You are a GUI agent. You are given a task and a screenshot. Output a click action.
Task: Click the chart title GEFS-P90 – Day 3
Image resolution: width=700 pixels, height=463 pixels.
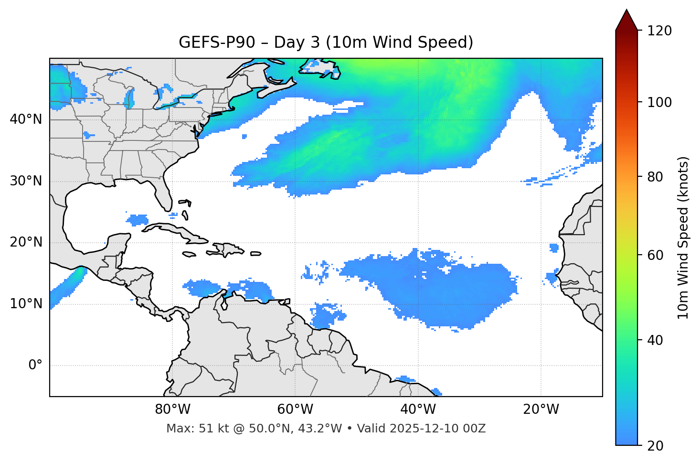pyautogui.click(x=326, y=43)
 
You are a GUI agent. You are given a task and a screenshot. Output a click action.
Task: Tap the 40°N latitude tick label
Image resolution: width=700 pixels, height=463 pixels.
pyautogui.click(x=26, y=119)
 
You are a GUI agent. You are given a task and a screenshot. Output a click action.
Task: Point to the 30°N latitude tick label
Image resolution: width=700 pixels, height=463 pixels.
pyautogui.click(x=26, y=181)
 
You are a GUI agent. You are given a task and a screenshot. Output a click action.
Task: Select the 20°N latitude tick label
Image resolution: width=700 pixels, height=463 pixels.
pyautogui.click(x=26, y=242)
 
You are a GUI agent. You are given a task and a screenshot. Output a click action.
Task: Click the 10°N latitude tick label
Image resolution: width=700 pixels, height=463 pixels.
pyautogui.click(x=26, y=304)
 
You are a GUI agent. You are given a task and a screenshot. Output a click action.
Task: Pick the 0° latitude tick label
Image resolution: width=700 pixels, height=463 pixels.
pyautogui.click(x=35, y=366)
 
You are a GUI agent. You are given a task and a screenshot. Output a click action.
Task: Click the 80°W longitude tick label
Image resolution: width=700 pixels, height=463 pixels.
pyautogui.click(x=172, y=409)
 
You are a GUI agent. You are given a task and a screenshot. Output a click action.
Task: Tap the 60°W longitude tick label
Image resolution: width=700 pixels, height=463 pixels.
pyautogui.click(x=295, y=409)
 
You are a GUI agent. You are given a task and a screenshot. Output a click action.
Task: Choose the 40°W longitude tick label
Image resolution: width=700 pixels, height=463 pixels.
pyautogui.click(x=418, y=409)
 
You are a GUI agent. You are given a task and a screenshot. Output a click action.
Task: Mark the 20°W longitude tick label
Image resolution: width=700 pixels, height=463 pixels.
pyautogui.click(x=541, y=409)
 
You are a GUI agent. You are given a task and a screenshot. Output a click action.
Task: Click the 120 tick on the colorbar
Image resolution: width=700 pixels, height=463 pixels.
pyautogui.click(x=659, y=31)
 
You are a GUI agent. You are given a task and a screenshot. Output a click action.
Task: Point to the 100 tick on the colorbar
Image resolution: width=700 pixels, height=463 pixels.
pyautogui.click(x=659, y=102)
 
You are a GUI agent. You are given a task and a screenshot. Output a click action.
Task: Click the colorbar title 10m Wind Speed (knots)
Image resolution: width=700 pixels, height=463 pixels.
pyautogui.click(x=683, y=237)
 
